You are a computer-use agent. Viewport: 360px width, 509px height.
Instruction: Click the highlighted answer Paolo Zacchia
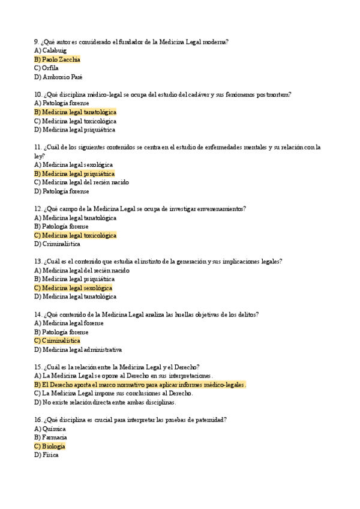tap(57, 59)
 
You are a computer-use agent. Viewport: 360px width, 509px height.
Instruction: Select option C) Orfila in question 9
tap(46, 68)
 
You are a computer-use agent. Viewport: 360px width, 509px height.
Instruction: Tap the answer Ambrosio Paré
tap(58, 77)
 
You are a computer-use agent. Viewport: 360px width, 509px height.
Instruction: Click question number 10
tap(38, 94)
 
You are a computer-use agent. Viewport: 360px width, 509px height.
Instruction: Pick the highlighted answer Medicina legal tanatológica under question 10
tap(76, 112)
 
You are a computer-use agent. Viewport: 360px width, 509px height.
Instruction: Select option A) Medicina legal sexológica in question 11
tap(73, 164)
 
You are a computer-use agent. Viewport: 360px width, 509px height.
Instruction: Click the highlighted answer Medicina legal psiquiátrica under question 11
tap(74, 173)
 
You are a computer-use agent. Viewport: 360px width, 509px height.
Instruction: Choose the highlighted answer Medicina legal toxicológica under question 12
tap(76, 235)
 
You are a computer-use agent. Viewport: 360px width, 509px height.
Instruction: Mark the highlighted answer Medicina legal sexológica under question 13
tap(73, 288)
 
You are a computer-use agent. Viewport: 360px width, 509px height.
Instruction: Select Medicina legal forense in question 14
tap(69, 323)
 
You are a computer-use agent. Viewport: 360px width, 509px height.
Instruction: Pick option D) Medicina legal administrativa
tap(78, 349)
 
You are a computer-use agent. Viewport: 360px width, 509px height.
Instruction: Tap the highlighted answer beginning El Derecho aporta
tap(140, 384)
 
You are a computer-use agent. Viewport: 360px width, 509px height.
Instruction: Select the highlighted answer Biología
tap(50, 446)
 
